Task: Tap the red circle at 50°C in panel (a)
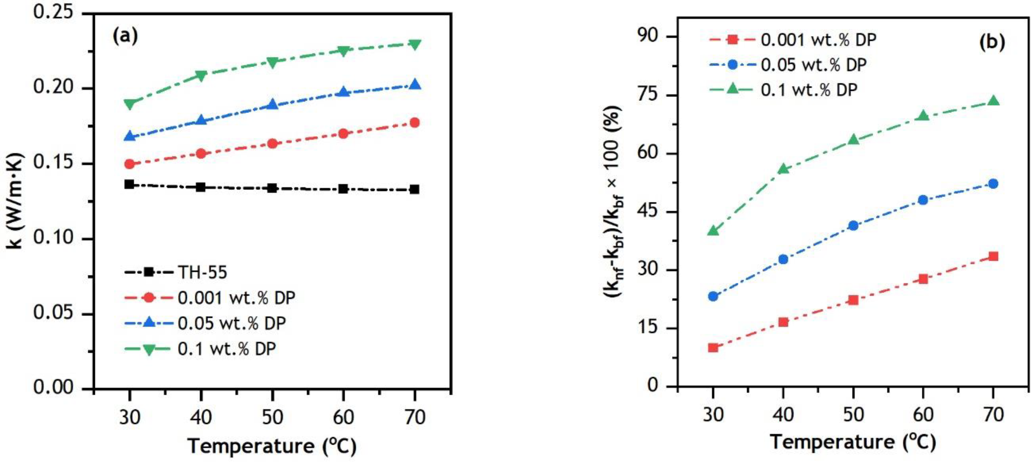point(272,143)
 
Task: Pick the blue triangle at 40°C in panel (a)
point(201,120)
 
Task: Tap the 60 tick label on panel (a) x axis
point(344,417)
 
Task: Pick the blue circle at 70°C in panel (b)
point(993,184)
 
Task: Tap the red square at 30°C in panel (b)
point(713,347)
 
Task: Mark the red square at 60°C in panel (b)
point(923,278)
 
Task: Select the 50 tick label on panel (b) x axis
point(853,414)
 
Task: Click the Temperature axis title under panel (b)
point(853,442)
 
